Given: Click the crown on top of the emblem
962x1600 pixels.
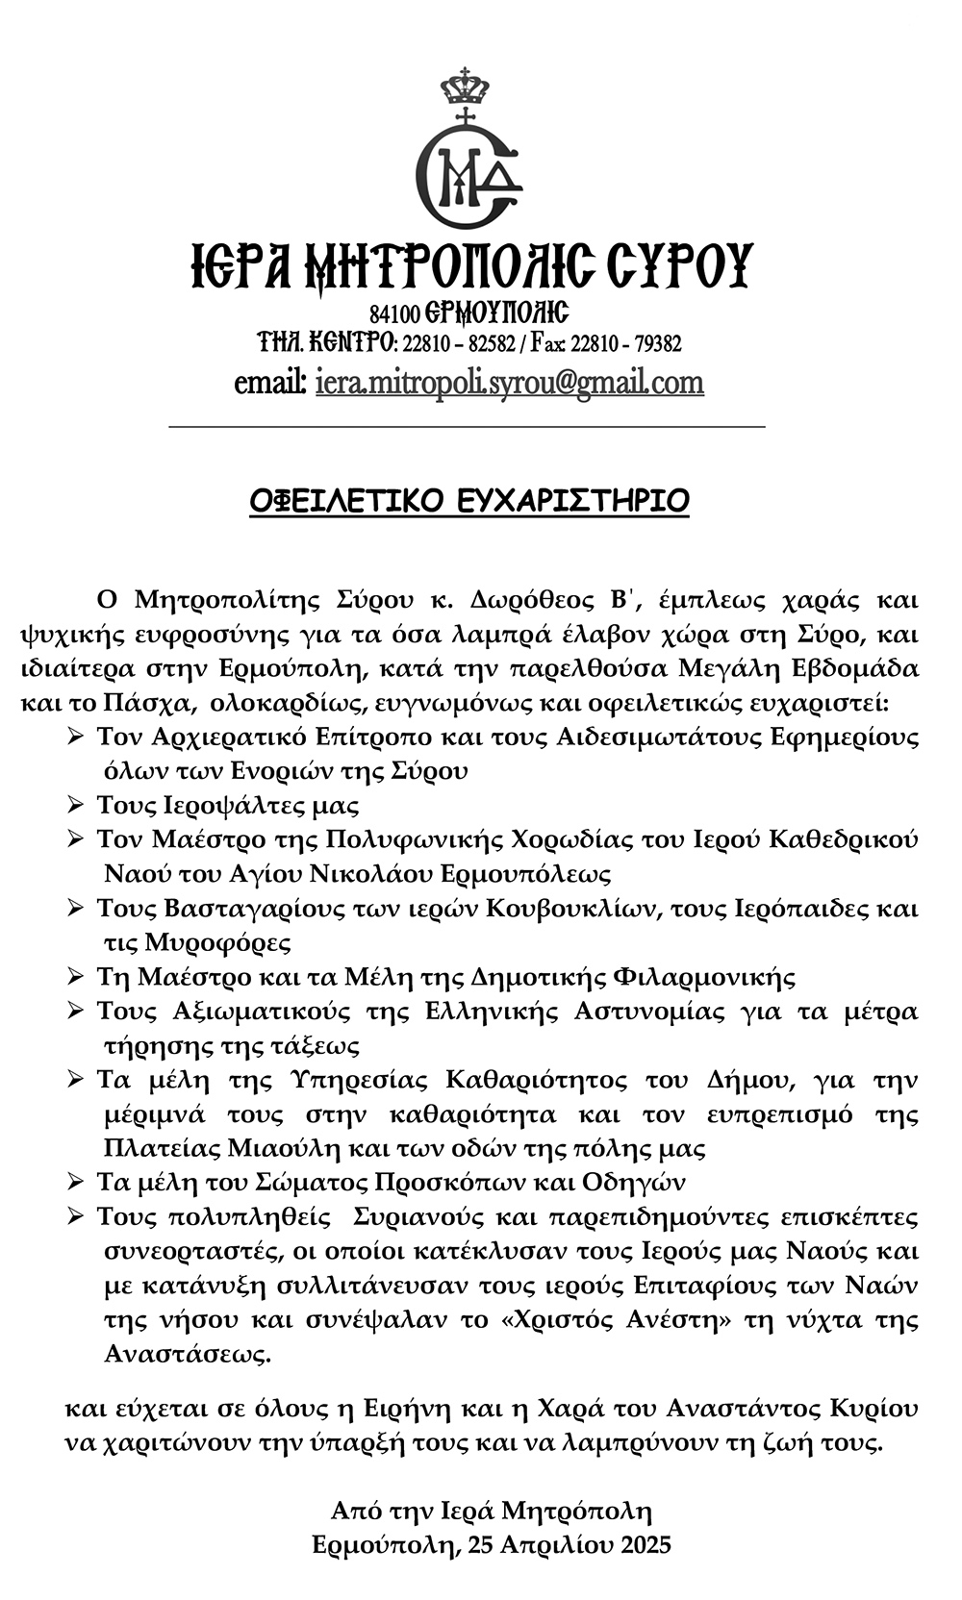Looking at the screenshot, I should (x=465, y=88).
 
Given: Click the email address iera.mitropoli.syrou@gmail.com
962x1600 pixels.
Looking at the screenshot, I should (x=509, y=383).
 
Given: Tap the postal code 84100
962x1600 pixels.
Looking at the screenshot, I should (x=395, y=313).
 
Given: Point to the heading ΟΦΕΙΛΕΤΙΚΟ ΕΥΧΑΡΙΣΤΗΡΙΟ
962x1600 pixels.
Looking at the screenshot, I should (x=469, y=501).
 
